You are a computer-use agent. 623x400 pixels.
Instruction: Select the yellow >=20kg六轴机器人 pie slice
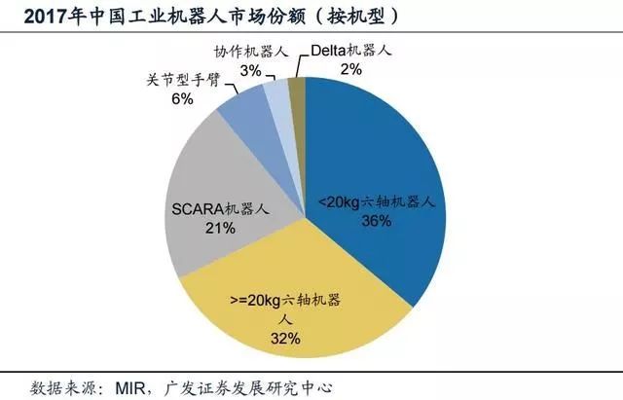point(292,292)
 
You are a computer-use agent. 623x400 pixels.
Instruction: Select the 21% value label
point(220,228)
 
